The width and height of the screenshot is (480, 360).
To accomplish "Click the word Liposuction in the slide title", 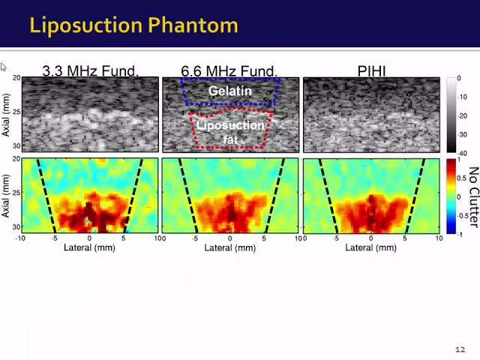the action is point(86,25).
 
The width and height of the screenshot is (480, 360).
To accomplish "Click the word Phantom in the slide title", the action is point(193,25).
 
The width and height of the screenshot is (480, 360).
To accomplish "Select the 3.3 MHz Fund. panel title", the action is point(91,70).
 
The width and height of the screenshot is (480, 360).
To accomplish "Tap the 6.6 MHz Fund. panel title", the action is point(229,70).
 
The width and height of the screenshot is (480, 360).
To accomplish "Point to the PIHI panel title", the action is point(372,70).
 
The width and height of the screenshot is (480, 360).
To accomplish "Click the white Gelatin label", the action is point(230,91).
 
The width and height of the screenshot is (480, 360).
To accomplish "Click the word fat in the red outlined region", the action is point(230,139).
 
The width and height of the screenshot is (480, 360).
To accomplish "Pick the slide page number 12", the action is point(460,349).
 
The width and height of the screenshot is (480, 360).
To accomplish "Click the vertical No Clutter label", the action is point(473,197).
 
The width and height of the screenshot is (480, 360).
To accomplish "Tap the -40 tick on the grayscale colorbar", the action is point(462,153).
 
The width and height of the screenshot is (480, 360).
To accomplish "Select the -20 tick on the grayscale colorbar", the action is point(462,115).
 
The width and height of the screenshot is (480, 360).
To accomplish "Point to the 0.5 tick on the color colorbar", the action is point(462,178).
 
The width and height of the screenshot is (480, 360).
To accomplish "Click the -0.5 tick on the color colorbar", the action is point(463,215).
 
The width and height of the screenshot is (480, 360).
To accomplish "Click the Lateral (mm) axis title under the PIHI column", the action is point(371,247).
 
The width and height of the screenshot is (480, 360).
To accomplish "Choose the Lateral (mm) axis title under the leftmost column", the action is point(89,247).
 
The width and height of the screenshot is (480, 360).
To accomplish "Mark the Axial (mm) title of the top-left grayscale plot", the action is point(6,115).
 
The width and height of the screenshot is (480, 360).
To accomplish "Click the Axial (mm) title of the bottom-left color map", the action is point(6,196).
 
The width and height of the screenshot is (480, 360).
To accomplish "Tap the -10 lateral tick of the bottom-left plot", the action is point(20,238).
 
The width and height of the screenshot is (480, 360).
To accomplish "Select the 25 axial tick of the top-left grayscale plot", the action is point(16,112).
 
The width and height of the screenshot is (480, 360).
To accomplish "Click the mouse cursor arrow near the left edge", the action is point(3,67).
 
